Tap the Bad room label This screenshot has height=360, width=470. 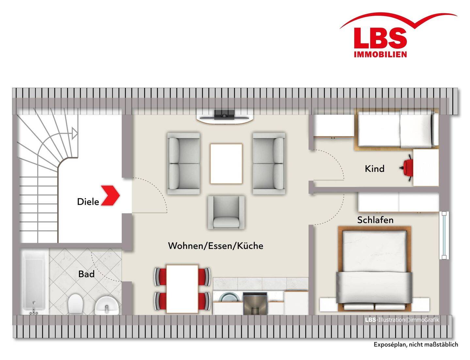tap(86, 274)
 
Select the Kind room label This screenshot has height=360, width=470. tap(374, 169)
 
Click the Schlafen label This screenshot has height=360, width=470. tap(375, 220)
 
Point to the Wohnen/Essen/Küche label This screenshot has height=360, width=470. tap(216, 246)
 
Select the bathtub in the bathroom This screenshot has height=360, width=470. tap(34, 282)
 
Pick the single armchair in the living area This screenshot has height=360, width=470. tap(226, 212)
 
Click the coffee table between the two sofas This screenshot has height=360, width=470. tap(226, 164)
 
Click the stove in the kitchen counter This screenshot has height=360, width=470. tap(255, 303)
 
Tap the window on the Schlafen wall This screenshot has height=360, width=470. tap(444, 235)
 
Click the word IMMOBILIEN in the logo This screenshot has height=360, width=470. tap(380, 54)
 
